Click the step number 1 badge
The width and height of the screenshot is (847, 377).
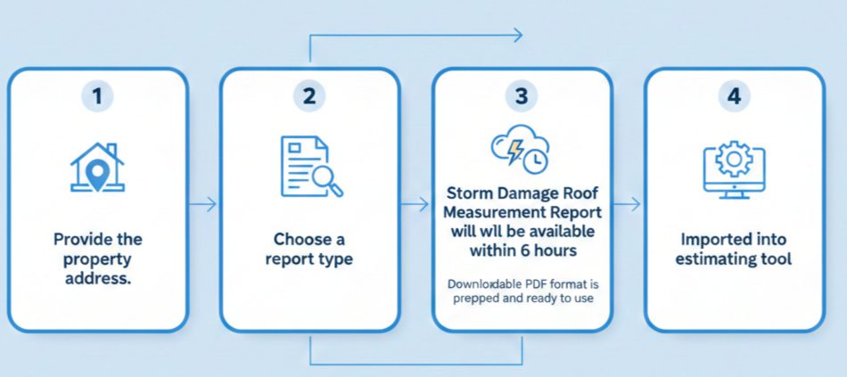point(97,97)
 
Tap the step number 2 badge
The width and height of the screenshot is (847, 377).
point(308,97)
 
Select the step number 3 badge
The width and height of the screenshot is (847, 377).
point(521,97)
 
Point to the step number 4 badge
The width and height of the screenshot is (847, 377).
point(733,97)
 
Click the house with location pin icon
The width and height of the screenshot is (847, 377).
point(97,167)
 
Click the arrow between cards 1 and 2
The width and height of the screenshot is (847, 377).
point(204,204)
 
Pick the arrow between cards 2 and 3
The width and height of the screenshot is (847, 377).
point(415,204)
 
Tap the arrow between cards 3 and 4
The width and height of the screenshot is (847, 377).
point(628,204)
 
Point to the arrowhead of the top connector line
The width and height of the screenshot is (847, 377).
point(517,36)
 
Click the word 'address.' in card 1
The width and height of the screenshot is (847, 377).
point(97,278)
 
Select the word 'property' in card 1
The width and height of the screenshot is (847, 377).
point(97,258)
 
